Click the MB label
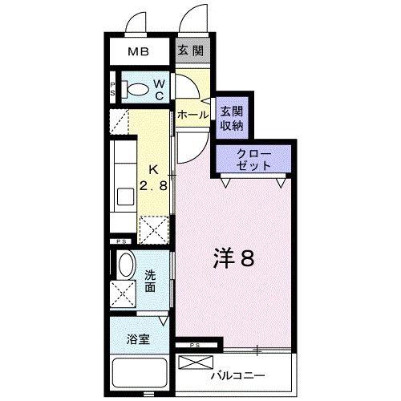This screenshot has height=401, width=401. click(x=138, y=51)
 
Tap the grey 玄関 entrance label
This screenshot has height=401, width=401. click(x=191, y=51)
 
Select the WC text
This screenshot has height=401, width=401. click(x=160, y=90)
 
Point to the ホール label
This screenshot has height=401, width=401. click(x=192, y=115)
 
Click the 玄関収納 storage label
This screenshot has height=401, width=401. click(x=232, y=118)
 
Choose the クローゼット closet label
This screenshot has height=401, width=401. click(x=254, y=160)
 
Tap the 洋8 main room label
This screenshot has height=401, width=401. click(x=233, y=258)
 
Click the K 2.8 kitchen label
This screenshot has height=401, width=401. click(x=153, y=177)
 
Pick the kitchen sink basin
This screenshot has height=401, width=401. click(x=126, y=196)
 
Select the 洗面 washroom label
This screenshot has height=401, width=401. click(x=150, y=281)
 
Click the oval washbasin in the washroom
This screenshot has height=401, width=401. click(x=126, y=265)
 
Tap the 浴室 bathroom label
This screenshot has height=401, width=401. click(x=138, y=339)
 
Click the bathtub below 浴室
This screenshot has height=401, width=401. click(x=140, y=373)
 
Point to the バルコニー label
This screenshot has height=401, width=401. click(x=237, y=375)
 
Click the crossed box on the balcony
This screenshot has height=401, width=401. click(x=196, y=363)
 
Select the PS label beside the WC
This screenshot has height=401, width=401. click(x=113, y=89)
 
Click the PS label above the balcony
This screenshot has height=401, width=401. click(x=195, y=345)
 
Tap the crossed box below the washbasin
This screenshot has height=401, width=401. click(x=124, y=294)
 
